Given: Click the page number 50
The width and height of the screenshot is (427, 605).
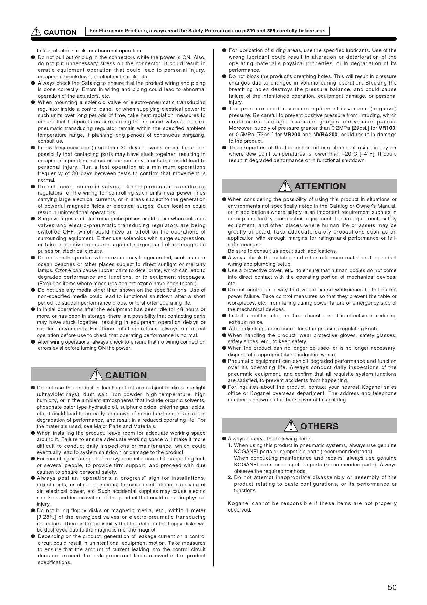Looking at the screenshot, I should pos(392,587).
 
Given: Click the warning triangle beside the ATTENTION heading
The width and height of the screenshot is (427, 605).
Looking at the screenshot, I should pos(285,186).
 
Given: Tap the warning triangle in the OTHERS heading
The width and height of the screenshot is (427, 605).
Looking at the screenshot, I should pos(291,426).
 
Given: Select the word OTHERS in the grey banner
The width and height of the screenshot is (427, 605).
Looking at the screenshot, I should pos(319,426).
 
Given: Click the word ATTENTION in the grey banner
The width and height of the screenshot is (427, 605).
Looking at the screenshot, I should pos(320,186).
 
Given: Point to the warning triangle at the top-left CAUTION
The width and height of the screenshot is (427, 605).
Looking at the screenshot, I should pos(36,32).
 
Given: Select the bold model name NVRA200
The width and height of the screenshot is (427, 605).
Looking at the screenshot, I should pos(325,135).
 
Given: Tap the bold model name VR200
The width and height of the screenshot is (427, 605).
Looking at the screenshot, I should pos(292,135).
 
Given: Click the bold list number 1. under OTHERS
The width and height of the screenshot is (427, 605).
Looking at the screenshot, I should pos(230,445).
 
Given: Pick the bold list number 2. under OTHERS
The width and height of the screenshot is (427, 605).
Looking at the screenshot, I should pos(230,477).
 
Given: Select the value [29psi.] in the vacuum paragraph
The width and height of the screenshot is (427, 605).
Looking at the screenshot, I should pos(360,128).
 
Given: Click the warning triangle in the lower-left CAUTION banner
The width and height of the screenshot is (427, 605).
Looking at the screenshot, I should pos(96,375).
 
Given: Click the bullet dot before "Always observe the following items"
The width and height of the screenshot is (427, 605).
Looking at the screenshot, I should pos(224,439).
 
